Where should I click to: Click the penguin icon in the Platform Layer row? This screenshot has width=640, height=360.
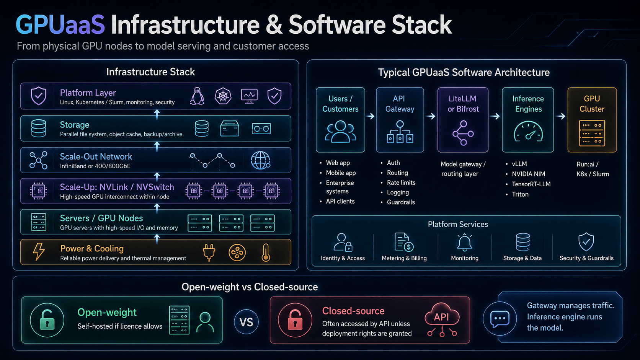pyautogui.click(x=197, y=96)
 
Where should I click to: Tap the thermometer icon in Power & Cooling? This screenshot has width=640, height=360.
pyautogui.click(x=266, y=252)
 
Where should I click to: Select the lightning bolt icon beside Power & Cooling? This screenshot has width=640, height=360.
pyautogui.click(x=39, y=252)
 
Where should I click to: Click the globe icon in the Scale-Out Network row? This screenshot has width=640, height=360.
pyautogui.click(x=260, y=160)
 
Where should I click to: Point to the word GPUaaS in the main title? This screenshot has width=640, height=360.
pyautogui.click(x=60, y=25)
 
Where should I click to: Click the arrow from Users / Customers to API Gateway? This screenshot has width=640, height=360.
pyautogui.click(x=370, y=116)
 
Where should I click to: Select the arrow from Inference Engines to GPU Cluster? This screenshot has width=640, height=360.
pyautogui.click(x=561, y=116)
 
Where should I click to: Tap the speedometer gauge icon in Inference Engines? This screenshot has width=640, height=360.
pyautogui.click(x=528, y=132)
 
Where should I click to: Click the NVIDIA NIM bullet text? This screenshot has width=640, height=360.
pyautogui.click(x=528, y=174)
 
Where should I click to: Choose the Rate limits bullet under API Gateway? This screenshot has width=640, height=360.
pyautogui.click(x=401, y=183)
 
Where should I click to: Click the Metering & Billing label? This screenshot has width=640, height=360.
pyautogui.click(x=404, y=258)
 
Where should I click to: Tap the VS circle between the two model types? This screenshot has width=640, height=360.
pyautogui.click(x=246, y=322)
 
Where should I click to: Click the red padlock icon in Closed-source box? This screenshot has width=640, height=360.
pyautogui.click(x=295, y=320)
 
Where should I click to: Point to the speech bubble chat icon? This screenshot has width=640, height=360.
pyautogui.click(x=500, y=319)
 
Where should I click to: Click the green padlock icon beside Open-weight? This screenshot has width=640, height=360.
pyautogui.click(x=47, y=320)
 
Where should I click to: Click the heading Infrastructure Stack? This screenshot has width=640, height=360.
pyautogui.click(x=150, y=72)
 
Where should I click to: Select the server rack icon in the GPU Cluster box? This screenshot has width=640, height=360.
pyautogui.click(x=592, y=133)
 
